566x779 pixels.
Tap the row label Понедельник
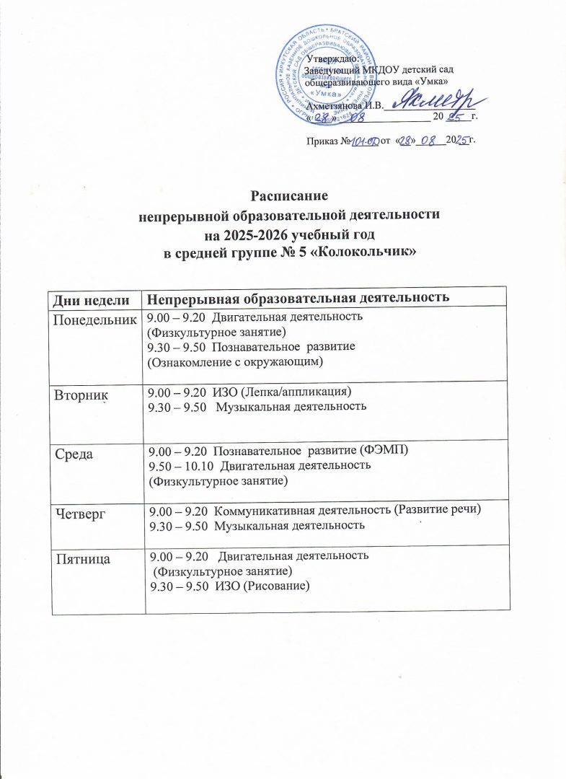[92, 318]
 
